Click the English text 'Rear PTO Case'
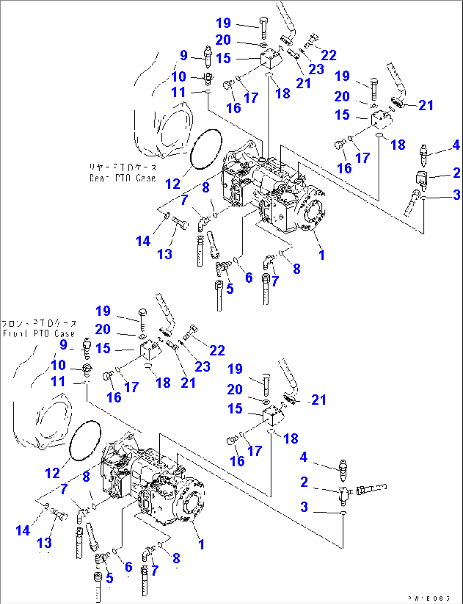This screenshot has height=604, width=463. pos(122,178)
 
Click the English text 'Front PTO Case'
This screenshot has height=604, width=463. pos(39,334)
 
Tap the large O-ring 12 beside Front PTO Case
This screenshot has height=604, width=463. pos(85,441)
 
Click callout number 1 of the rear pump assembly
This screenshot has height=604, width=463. pos(322,255)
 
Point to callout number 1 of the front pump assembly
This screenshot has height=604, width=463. pos(201,544)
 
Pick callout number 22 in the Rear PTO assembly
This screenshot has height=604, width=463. pos(328,55)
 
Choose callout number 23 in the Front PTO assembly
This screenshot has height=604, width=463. pos(202,366)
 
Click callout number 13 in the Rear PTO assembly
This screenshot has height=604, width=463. pos(165,254)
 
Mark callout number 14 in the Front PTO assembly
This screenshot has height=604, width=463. pos(23,530)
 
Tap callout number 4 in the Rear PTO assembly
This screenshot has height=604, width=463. pos(456,145)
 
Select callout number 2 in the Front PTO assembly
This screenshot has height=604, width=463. pos(304,482)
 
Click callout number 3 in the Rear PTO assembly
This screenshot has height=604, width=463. pos(456,195)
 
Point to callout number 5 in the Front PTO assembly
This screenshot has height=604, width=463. pos(110,578)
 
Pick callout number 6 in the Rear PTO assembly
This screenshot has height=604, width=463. pos(249,278)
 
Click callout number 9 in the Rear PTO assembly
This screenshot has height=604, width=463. pos(184,55)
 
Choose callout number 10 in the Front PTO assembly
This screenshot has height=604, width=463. pos(58,365)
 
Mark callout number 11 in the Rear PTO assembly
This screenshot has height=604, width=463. pos(178,92)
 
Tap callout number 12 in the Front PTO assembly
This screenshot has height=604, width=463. pos(53,473)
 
